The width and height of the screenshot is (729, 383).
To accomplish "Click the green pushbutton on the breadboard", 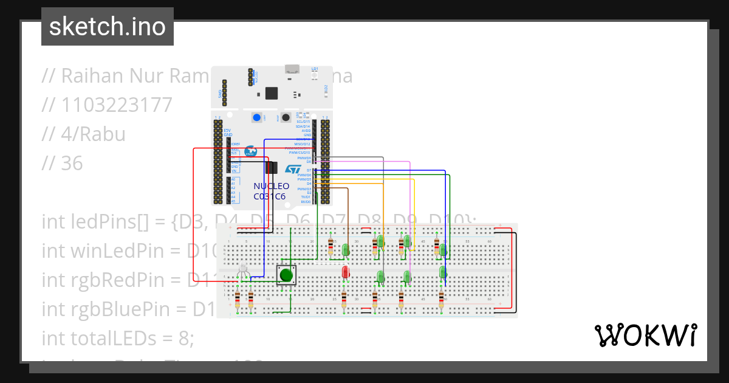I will pyautogui.click(x=286, y=275).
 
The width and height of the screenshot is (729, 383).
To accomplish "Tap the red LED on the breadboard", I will pyautogui.click(x=346, y=272).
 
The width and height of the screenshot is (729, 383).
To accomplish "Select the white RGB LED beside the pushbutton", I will pyautogui.click(x=243, y=268).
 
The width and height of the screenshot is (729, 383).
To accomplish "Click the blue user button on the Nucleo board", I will pyautogui.click(x=257, y=118).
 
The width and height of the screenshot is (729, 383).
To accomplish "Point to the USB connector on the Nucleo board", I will pyautogui.click(x=293, y=69).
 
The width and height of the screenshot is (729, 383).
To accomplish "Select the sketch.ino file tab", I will pyautogui.click(x=108, y=27).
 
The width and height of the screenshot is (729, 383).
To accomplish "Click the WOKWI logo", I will pyautogui.click(x=645, y=336).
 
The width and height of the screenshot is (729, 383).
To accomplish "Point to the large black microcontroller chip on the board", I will pyautogui.click(x=272, y=93).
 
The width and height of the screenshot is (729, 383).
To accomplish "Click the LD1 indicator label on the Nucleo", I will pyautogui.click(x=315, y=69).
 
